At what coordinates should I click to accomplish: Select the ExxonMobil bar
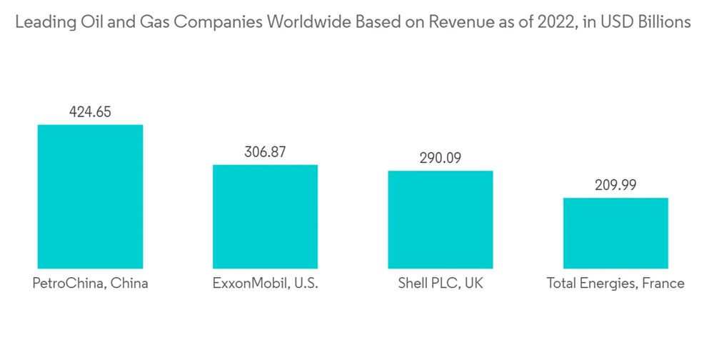coord(265,216)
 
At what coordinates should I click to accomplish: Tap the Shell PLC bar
coord(441,219)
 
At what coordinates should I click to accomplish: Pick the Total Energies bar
coord(615,233)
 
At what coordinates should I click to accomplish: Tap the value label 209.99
coord(615,185)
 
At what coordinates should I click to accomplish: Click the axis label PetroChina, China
coord(90,283)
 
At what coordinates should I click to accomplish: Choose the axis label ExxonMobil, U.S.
coord(265,283)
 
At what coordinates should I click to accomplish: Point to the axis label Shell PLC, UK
coord(441,283)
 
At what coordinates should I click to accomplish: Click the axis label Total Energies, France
coord(615,283)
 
